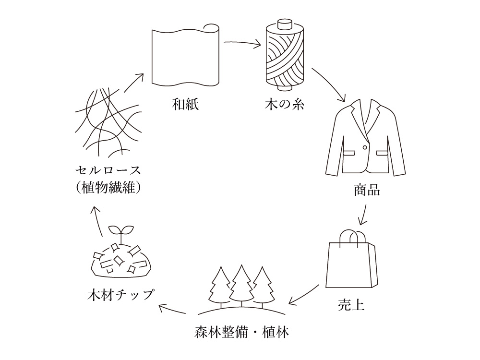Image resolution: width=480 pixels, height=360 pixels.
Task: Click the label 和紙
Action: (x=185, y=105)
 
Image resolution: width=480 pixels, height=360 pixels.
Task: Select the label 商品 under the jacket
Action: (x=367, y=191)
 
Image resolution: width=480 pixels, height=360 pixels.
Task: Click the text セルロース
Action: (x=108, y=170)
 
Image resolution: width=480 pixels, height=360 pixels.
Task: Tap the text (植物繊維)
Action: (x=108, y=188)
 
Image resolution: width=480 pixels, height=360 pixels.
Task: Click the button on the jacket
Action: (x=365, y=146)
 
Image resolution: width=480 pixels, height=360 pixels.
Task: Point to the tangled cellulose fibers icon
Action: (x=108, y=123)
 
